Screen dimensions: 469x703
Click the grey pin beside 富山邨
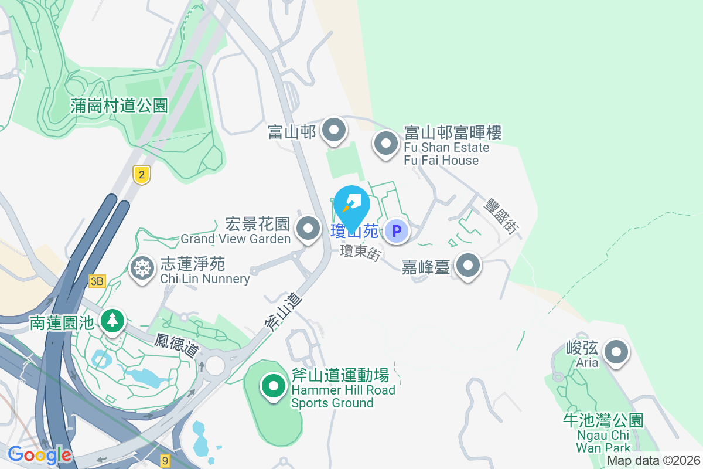334,131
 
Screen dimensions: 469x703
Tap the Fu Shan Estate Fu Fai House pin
386,143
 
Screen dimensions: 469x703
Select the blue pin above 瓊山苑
351,204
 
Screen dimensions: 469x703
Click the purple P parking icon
397,231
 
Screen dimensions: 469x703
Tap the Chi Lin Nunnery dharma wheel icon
141,269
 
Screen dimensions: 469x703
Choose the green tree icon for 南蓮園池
112,321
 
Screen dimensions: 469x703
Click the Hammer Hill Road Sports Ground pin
273,386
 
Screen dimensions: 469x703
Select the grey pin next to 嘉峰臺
467,266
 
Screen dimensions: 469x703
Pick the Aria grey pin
616,353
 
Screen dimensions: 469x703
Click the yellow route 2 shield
141,174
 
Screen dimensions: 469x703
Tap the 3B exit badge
97,281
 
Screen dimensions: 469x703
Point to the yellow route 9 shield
166,460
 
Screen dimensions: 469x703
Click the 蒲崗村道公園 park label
119,106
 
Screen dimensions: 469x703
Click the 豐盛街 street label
501,216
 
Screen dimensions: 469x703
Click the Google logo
39,455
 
